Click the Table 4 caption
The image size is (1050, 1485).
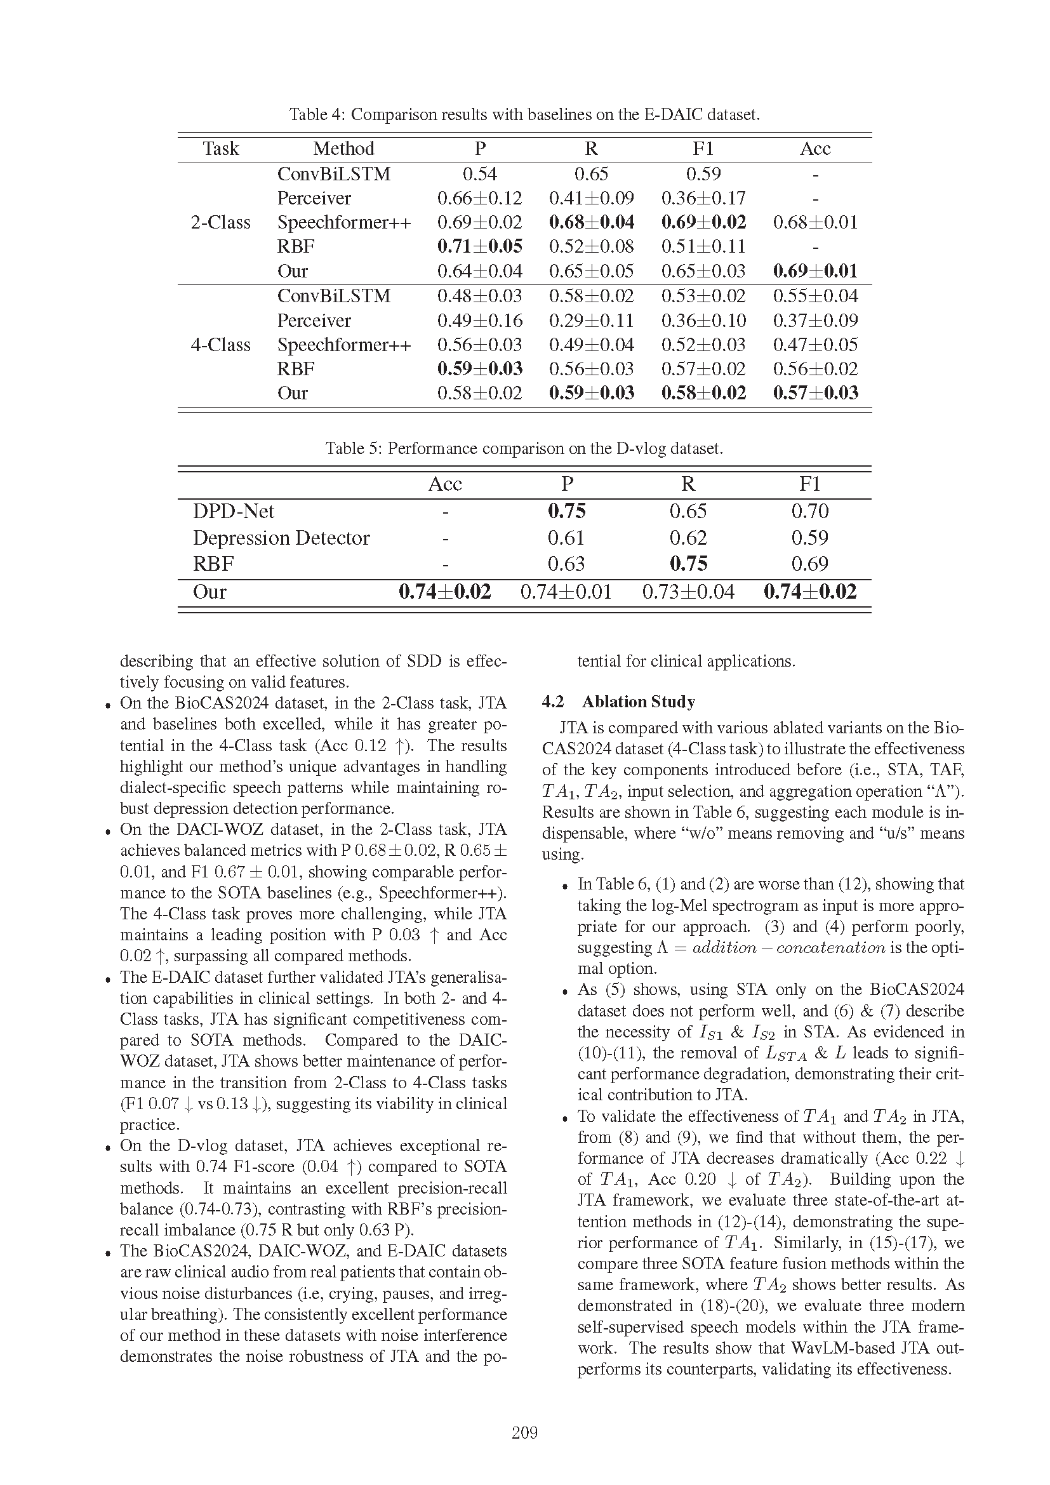click(524, 114)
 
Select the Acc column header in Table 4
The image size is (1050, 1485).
click(814, 149)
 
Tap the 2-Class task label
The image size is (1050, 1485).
click(220, 222)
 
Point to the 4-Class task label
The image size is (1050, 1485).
click(220, 345)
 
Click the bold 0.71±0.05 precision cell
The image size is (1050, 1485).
click(480, 246)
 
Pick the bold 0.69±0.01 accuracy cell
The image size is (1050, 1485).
click(815, 271)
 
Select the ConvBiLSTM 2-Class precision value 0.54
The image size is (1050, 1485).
click(480, 174)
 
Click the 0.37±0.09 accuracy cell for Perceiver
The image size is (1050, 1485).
click(815, 321)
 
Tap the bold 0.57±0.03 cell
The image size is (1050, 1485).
click(815, 393)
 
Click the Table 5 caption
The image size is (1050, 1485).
click(524, 448)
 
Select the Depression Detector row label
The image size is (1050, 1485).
click(281, 538)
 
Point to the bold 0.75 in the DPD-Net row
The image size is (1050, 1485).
click(566, 512)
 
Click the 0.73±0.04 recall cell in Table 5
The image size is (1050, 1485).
click(688, 592)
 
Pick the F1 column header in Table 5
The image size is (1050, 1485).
click(809, 484)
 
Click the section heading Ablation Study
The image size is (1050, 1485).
click(638, 702)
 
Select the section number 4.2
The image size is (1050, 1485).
click(553, 702)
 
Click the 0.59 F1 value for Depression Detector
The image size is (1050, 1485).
click(809, 538)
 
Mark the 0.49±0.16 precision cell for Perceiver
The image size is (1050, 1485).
click(480, 321)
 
